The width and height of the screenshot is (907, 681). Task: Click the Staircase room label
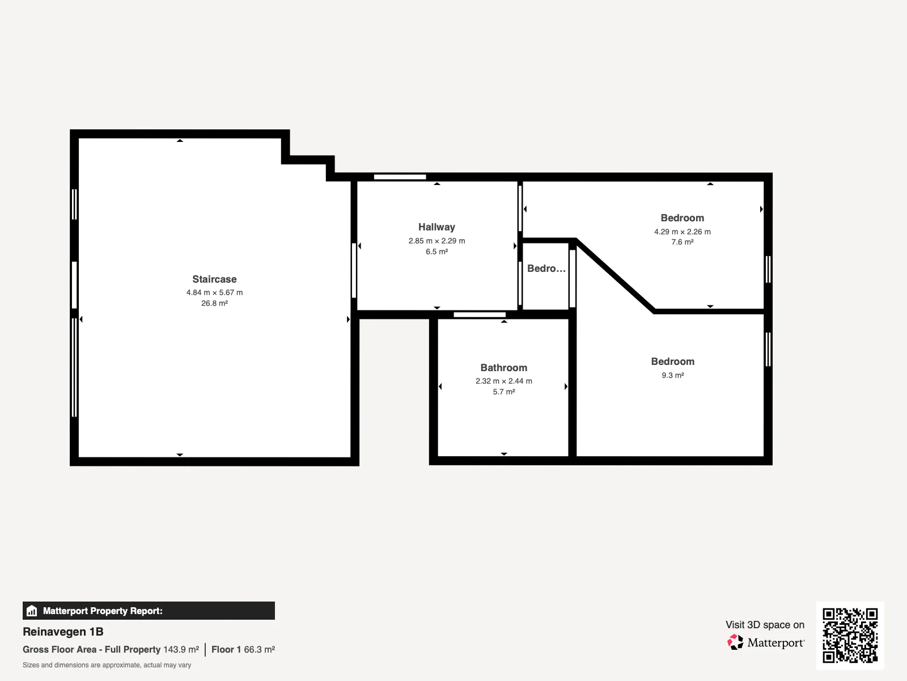(214, 279)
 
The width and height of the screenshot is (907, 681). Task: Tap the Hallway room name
(436, 227)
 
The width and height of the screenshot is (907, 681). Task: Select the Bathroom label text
(504, 368)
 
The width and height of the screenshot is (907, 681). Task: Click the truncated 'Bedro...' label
(546, 268)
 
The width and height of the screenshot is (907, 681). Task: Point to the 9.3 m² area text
(673, 375)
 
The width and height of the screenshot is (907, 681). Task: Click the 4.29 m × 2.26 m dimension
(682, 232)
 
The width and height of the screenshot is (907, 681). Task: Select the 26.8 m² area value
(214, 303)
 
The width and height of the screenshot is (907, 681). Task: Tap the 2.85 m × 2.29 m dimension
(436, 241)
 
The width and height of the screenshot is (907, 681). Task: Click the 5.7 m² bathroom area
(504, 392)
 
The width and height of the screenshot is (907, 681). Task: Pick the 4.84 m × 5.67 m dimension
(214, 292)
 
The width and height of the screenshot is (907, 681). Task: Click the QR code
(850, 635)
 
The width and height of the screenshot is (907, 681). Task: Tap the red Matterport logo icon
(735, 642)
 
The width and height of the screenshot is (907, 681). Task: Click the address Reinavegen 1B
(63, 632)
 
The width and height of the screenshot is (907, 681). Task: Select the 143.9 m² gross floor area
(181, 649)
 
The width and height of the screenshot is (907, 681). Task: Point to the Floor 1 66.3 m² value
(243, 649)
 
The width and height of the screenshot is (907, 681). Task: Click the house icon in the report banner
(32, 611)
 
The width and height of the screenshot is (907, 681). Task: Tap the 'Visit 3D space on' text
(765, 625)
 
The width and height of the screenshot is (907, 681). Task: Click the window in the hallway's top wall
(400, 177)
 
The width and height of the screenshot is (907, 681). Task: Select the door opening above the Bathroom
(480, 314)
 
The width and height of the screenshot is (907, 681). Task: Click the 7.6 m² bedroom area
(682, 242)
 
